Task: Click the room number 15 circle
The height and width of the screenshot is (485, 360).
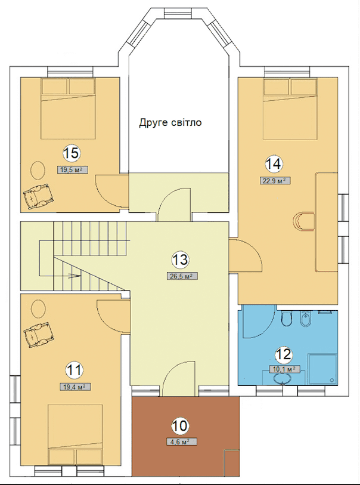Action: [72, 153]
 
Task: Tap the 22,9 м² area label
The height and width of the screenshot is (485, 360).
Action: [275, 181]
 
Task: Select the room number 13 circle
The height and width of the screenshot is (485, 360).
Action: [181, 260]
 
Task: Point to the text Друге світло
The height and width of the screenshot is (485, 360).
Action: [170, 122]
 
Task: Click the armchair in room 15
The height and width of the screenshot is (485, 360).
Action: [38, 196]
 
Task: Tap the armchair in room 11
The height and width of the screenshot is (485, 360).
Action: [38, 336]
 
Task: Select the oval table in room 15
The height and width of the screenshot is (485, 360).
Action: [38, 170]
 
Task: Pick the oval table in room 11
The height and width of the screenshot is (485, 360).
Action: [38, 308]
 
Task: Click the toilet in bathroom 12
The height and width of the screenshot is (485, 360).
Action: [287, 319]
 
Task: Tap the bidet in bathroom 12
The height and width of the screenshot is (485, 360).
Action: [305, 319]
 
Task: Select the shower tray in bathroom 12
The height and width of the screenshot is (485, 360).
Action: [322, 369]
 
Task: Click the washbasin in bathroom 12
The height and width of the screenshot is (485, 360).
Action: [283, 379]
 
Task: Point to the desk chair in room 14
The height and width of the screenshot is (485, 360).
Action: [303, 221]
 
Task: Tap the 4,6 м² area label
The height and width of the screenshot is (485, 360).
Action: [182, 441]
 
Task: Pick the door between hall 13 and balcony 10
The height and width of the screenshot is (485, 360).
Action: [179, 379]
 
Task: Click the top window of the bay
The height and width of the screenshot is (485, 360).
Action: [178, 14]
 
